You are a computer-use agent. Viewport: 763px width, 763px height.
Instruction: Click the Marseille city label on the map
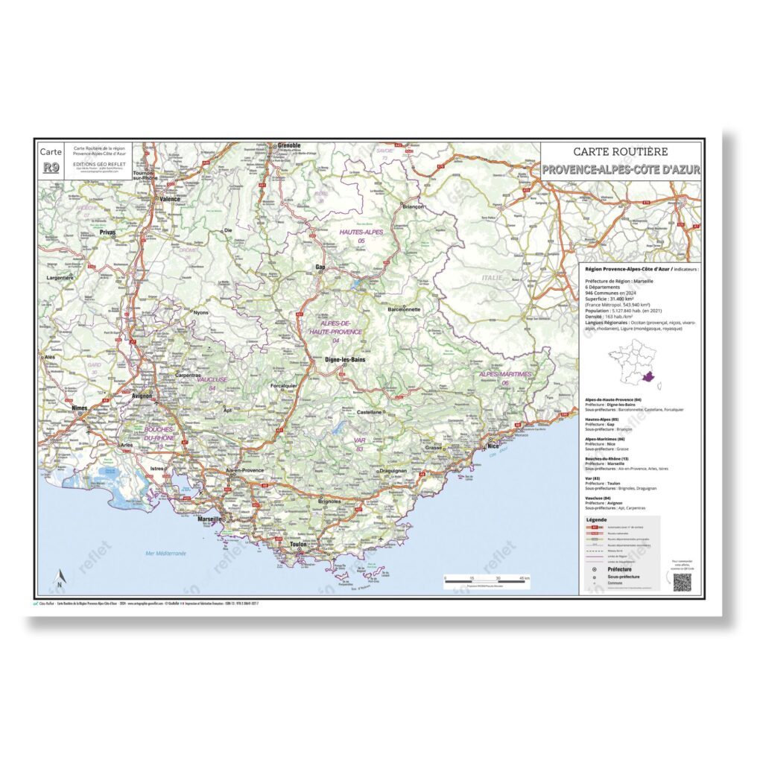[208, 519]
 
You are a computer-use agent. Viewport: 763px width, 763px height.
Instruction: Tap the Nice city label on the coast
[493, 446]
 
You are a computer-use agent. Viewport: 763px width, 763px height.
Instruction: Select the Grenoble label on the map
[288, 145]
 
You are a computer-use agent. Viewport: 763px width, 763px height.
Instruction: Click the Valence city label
[171, 199]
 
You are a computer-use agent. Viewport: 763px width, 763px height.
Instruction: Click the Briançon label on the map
[412, 206]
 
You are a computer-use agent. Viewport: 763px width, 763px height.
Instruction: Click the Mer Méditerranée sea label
[166, 554]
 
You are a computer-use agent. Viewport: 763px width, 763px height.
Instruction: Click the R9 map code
[51, 168]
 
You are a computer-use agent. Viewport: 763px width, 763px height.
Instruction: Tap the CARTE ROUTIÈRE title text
[621, 153]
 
